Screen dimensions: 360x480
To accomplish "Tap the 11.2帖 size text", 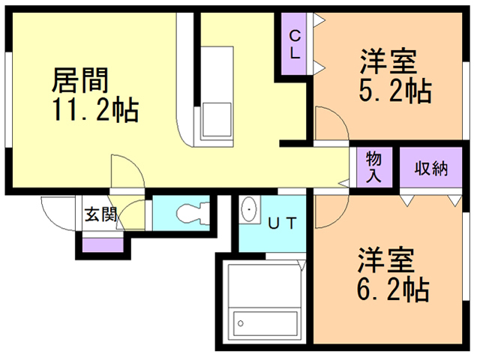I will [x=94, y=112].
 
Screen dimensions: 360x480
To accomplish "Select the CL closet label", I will [x=295, y=44].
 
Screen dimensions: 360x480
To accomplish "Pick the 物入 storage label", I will [x=374, y=167].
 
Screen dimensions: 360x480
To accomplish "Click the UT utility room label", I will [x=283, y=222].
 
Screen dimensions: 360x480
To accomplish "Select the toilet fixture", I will [x=193, y=212].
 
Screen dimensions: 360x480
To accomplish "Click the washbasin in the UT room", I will [x=249, y=211].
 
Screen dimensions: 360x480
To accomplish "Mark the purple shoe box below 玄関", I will [x=103, y=244].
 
